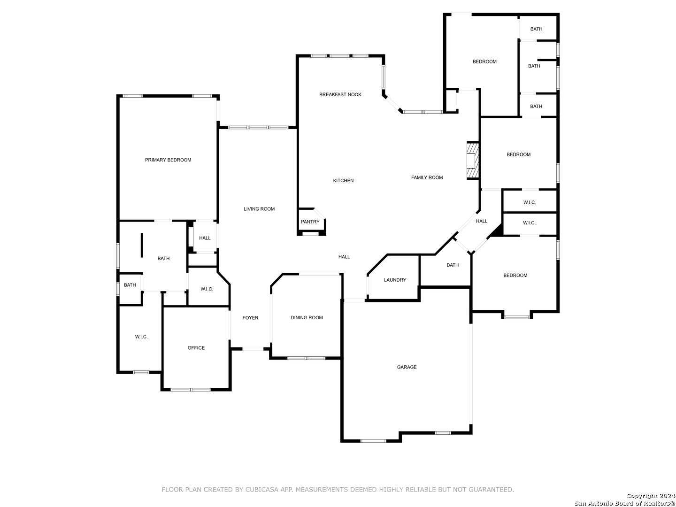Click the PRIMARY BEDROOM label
coord(168,160)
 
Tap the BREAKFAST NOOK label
coord(340,94)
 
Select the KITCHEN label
coord(343,180)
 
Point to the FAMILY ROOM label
coord(427,177)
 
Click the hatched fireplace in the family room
coord(472,161)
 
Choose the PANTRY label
coord(310,222)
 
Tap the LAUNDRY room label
coord(394,280)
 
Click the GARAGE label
coord(406,367)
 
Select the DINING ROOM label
coord(307,317)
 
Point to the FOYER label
coord(250,318)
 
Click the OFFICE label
coord(196,348)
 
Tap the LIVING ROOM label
coord(259,209)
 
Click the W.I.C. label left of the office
coord(141,337)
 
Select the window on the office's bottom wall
coord(190,390)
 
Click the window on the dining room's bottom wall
coord(306,358)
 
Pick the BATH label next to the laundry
coord(452,265)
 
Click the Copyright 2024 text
coord(651,496)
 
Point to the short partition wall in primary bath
coord(142,245)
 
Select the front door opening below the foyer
coord(252,349)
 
